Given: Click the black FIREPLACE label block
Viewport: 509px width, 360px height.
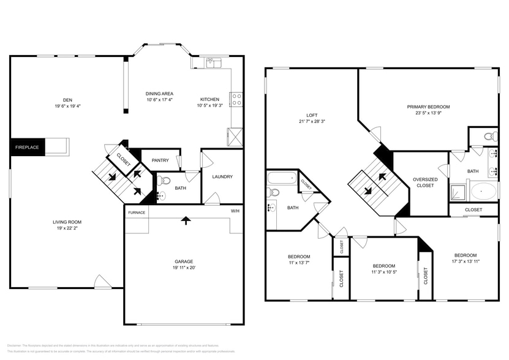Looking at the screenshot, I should coord(27,148).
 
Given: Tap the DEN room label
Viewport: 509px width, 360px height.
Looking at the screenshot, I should coord(67,100).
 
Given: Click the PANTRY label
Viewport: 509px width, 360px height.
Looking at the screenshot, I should coord(160,160).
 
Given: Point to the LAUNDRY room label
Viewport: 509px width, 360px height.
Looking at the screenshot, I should coord(222,177).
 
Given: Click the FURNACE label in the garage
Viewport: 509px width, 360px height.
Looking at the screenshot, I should coord(136,212).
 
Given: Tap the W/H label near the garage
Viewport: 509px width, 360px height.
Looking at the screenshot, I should coord(235,211).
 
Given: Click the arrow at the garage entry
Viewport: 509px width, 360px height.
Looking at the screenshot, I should coord(185,220).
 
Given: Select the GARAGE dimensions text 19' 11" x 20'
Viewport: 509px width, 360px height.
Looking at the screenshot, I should coord(184,268).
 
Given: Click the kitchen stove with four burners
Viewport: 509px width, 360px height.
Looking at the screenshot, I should coord(236,99).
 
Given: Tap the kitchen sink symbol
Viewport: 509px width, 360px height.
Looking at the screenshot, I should coord(213,61).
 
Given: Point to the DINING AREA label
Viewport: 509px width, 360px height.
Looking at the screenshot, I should coord(159,100).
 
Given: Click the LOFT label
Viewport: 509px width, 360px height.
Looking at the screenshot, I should coord(311,115).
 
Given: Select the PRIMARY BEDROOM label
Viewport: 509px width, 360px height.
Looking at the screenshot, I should coord(428,107).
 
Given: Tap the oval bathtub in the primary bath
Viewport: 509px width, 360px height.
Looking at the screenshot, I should coord(483,192).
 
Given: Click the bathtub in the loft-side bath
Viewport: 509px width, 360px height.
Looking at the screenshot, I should coord(281,180).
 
